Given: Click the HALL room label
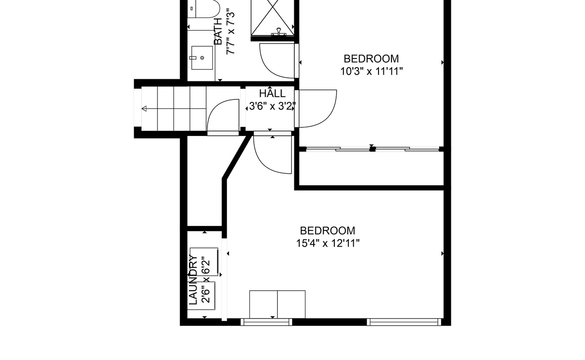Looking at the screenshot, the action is (272, 94).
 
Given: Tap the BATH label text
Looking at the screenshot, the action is (218, 31).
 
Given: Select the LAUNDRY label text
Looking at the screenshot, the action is (193, 280).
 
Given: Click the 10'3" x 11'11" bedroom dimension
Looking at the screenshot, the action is (371, 71).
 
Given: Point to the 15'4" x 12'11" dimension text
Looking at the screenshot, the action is (328, 243).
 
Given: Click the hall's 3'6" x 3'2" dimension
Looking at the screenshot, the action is (272, 106).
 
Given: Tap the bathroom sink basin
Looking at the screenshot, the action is (202, 58).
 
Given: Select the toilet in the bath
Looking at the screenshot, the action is (204, 9).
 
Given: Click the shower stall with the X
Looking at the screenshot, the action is (272, 17).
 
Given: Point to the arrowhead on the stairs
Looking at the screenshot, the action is (144, 108).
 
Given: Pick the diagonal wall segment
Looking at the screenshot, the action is (237, 157).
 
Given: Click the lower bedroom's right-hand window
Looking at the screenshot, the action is (404, 322).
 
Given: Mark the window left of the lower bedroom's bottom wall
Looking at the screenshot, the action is (266, 322).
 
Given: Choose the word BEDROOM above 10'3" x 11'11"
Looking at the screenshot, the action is (371, 59).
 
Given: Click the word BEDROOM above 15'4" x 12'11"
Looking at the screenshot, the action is (328, 231).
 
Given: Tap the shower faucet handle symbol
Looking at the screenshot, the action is (279, 31).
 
